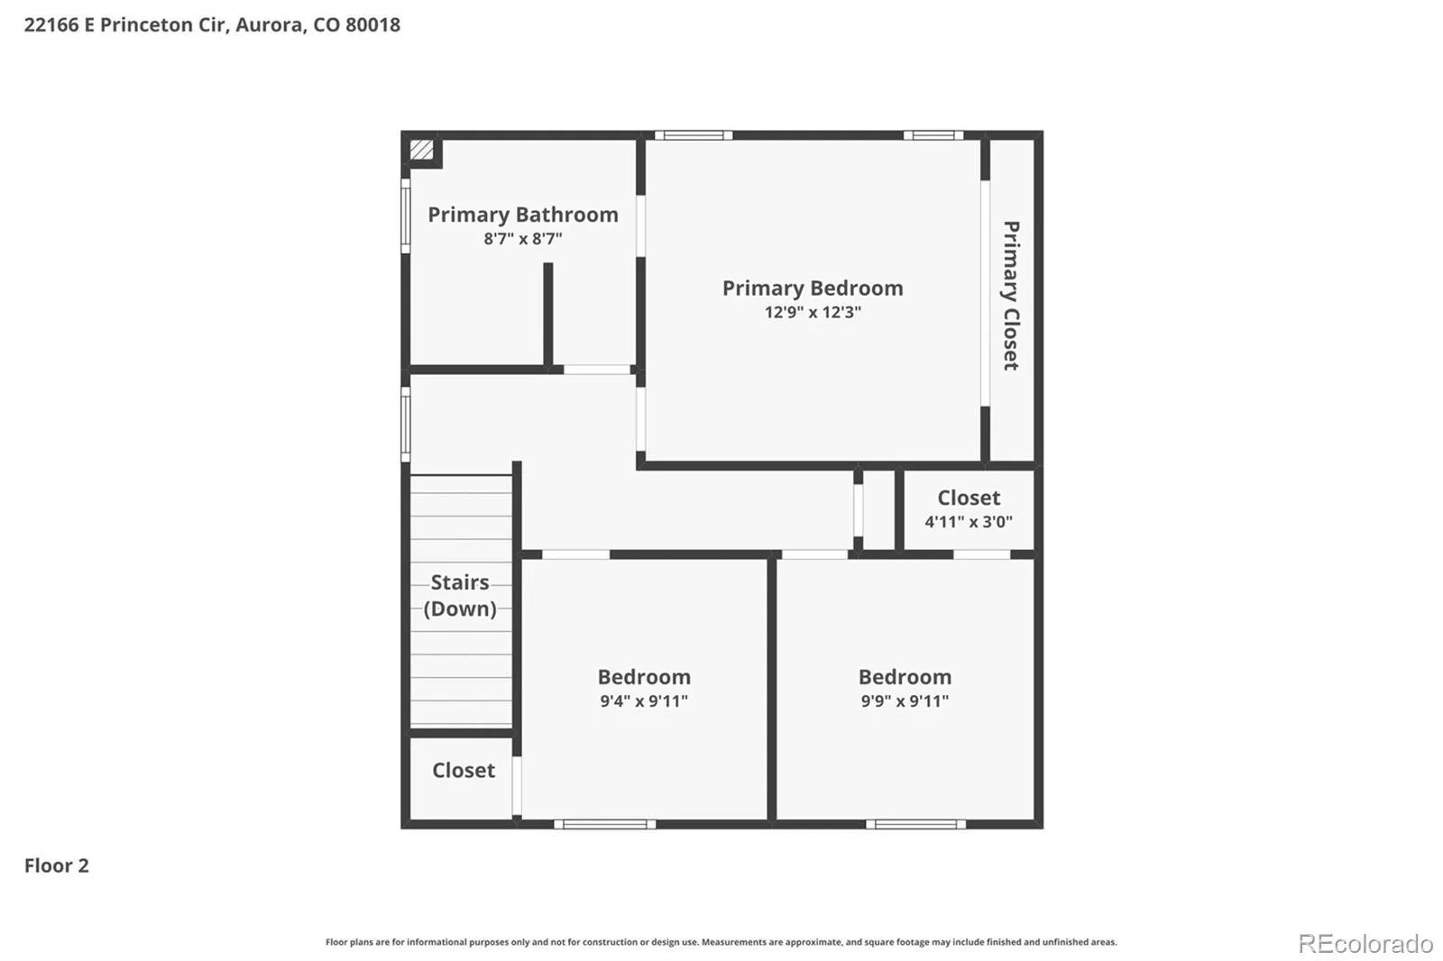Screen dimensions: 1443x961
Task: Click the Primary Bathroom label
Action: [x=522, y=215]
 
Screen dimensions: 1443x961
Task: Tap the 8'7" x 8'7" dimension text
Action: [x=522, y=239]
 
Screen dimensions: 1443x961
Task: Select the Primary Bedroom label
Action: [x=813, y=288]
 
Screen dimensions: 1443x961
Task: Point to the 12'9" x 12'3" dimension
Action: [x=813, y=313]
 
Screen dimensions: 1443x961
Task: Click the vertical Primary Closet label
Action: [x=1011, y=296]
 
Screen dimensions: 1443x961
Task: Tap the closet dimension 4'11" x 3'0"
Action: [x=969, y=522]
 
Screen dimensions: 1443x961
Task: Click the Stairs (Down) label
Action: [x=460, y=595]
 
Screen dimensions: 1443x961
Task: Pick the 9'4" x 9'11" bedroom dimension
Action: [x=644, y=700]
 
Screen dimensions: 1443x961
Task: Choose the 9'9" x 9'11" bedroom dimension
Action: [x=905, y=700]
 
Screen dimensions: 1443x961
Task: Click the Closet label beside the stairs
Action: [x=464, y=771]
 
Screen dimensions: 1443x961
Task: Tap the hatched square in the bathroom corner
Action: [x=421, y=150]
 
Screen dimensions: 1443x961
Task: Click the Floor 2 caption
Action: [x=57, y=865]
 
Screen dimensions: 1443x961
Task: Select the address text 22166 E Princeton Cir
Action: [x=125, y=24]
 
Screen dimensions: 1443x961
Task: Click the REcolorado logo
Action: [x=1365, y=944]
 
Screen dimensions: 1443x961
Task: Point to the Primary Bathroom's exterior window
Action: [x=405, y=215]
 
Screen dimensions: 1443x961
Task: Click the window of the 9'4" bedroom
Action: [x=604, y=825]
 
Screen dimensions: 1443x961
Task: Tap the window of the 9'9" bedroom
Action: [x=915, y=825]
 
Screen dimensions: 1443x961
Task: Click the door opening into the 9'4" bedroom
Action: [x=575, y=554]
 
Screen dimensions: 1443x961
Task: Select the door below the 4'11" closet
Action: [x=982, y=554]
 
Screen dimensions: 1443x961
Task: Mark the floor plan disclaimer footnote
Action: [x=721, y=942]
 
